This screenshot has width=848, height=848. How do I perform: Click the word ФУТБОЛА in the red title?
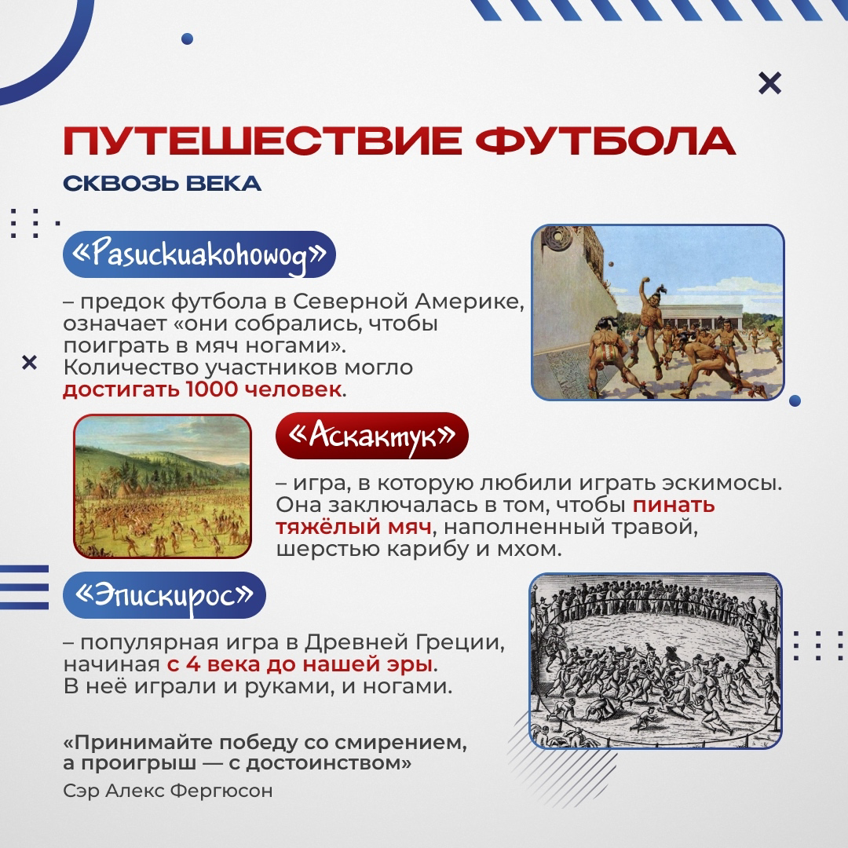pos(605,141)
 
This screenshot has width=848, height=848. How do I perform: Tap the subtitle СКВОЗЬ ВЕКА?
pos(163,184)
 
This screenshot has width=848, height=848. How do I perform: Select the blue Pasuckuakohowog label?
pos(199,254)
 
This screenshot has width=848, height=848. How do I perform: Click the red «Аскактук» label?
pos(372,436)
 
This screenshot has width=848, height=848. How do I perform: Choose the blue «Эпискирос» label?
pos(164,595)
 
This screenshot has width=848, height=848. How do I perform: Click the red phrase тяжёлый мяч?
pos(353,527)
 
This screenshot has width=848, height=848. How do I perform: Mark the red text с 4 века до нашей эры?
pos(300,664)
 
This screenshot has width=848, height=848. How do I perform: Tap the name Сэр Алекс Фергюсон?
pos(168,791)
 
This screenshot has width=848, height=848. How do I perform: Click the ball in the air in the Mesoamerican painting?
pos(611,265)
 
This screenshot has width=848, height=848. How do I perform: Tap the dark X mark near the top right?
pos(769,83)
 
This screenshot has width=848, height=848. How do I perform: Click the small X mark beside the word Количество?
pos(29,362)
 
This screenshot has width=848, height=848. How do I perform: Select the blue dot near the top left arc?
pos(187,39)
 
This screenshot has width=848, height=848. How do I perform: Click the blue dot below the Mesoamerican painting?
pos(795,400)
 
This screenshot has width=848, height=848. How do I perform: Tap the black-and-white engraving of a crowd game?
pos(656,661)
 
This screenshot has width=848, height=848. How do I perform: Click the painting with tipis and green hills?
pos(163,486)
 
